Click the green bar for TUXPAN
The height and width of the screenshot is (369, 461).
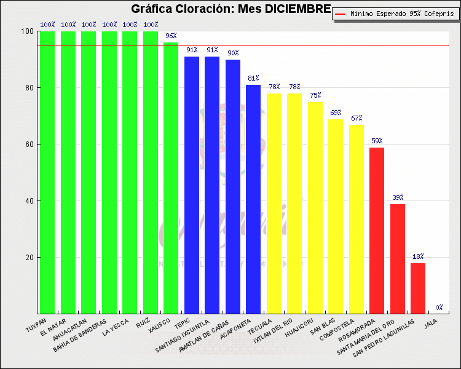pyautogui.click(x=48, y=172)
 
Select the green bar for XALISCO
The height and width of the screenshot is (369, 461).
pyautogui.click(x=171, y=178)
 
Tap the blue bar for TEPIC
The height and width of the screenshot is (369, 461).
pyautogui.click(x=192, y=184)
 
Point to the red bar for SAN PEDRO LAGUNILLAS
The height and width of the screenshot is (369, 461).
pyautogui.click(x=418, y=288)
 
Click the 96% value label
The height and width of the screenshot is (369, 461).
pyautogui.click(x=171, y=36)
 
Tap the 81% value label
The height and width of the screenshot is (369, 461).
pyautogui.click(x=253, y=79)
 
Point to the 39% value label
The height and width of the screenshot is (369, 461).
pyautogui.click(x=398, y=197)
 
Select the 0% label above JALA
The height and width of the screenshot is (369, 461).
pyautogui.click(x=439, y=307)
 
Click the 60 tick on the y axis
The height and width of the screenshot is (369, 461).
pyautogui.click(x=28, y=145)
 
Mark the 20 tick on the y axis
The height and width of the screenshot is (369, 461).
pyautogui.click(x=28, y=258)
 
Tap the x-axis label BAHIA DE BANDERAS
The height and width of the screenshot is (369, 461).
pyautogui.click(x=80, y=336)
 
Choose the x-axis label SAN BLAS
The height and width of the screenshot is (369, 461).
pyautogui.click(x=323, y=327)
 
